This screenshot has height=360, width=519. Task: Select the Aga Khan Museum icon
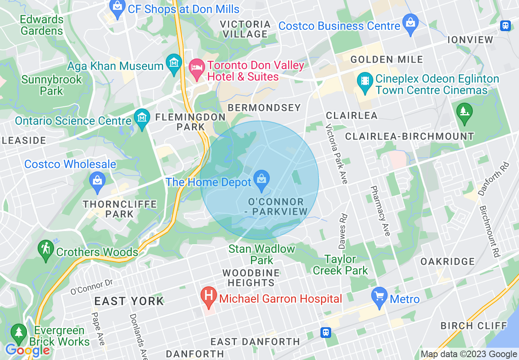coord(175,64)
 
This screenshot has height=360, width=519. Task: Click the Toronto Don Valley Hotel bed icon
coord(197,69)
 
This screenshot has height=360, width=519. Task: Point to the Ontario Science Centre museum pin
coord(142,119)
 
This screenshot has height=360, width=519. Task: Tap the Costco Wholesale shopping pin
coord(97,181)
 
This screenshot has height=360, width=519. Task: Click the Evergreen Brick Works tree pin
coord(18,333)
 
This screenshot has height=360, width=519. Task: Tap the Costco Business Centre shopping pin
coord(410,23)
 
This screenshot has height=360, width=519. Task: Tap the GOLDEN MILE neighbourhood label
coord(387,60)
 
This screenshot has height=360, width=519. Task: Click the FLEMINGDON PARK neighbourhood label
coord(190,122)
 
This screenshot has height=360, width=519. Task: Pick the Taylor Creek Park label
coord(341,265)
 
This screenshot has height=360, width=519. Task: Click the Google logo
coord(27,351)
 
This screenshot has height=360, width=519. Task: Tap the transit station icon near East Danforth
coord(326,332)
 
